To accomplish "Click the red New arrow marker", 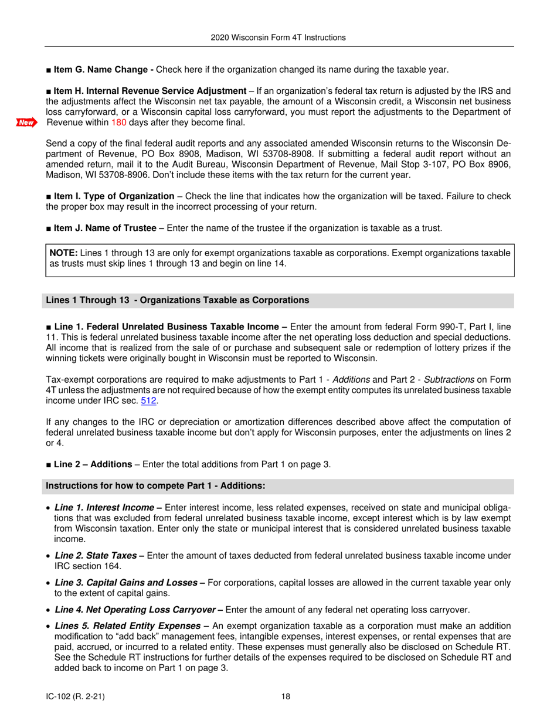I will (26, 123).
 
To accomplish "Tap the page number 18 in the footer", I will (286, 696).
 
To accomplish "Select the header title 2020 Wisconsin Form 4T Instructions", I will (278, 38).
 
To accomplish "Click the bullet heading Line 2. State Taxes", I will (97, 555).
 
